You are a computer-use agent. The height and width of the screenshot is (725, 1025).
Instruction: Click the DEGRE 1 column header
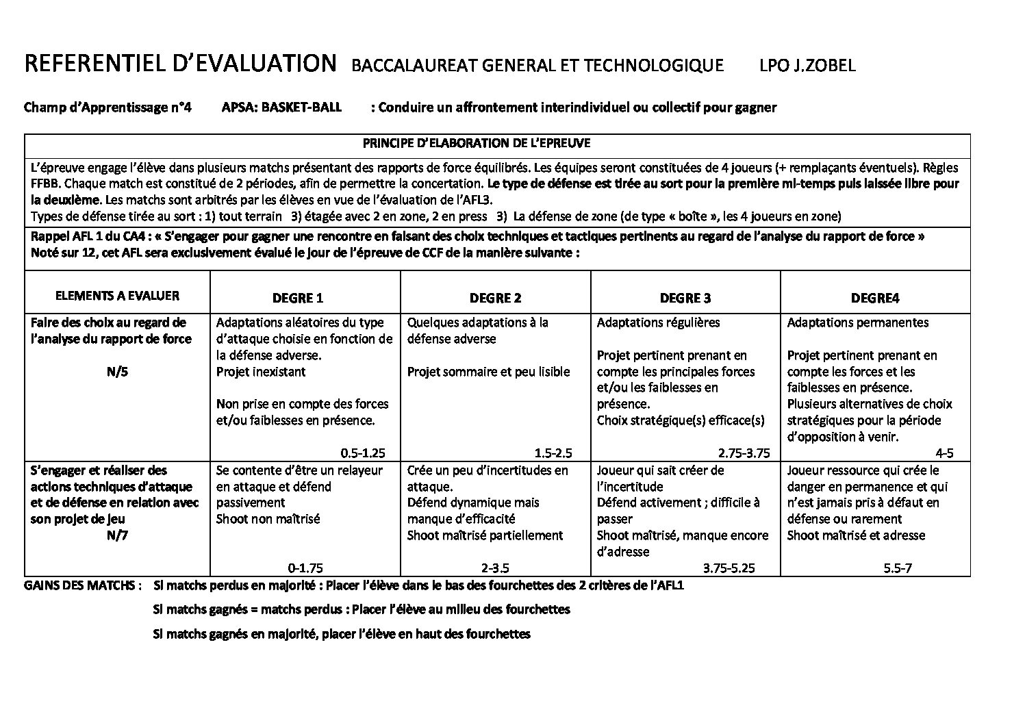(x=297, y=298)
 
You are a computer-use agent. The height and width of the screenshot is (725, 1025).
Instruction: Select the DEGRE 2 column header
(x=495, y=298)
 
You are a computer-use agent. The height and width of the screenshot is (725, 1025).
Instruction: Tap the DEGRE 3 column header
(x=685, y=298)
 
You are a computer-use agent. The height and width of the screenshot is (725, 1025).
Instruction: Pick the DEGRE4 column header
(x=875, y=298)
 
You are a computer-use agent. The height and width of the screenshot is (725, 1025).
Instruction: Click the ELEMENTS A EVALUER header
(x=117, y=296)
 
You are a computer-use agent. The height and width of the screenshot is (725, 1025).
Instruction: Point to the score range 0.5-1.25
(x=363, y=453)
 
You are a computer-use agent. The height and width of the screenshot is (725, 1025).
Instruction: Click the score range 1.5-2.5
(x=553, y=453)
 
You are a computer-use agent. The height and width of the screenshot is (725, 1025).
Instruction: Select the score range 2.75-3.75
(x=744, y=453)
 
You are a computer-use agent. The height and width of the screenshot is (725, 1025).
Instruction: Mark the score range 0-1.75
(x=305, y=568)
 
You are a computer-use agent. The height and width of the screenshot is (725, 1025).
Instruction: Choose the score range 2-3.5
(x=495, y=568)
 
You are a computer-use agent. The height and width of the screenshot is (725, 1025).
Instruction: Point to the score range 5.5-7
(x=898, y=568)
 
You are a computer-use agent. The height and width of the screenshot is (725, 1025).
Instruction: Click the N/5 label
(x=117, y=372)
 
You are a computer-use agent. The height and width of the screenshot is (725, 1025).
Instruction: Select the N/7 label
(x=117, y=535)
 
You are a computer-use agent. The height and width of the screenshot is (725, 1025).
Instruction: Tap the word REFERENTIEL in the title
(x=93, y=64)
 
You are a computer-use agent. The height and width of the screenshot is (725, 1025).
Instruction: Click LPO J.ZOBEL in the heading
(x=807, y=66)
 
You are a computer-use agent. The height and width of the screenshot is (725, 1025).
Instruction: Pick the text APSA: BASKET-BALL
(x=281, y=107)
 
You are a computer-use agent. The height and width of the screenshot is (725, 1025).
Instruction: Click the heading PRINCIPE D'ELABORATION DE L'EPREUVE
(x=477, y=144)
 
